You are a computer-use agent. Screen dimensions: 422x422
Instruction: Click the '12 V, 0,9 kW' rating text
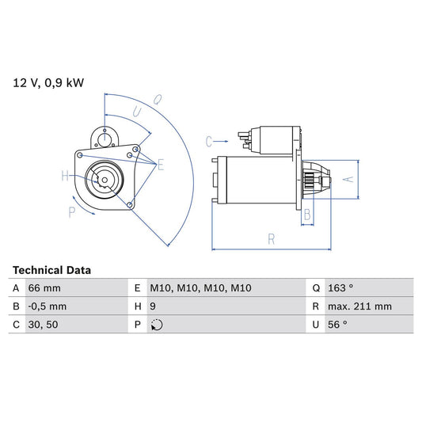click(x=47, y=82)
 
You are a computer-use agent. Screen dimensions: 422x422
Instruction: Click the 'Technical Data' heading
click(x=51, y=270)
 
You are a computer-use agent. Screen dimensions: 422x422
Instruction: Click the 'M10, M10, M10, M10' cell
click(x=201, y=288)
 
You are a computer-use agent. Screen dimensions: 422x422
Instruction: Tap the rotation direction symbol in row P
click(x=157, y=324)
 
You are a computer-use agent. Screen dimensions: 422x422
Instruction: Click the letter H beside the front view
click(x=65, y=177)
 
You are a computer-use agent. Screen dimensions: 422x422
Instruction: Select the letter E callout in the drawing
click(x=160, y=165)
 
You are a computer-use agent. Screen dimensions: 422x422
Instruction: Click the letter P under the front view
click(x=71, y=211)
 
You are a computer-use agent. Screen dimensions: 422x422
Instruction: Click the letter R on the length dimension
click(x=271, y=237)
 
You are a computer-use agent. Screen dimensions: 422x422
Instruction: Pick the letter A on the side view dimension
click(x=345, y=180)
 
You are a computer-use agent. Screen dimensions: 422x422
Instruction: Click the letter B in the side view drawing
click(x=307, y=214)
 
